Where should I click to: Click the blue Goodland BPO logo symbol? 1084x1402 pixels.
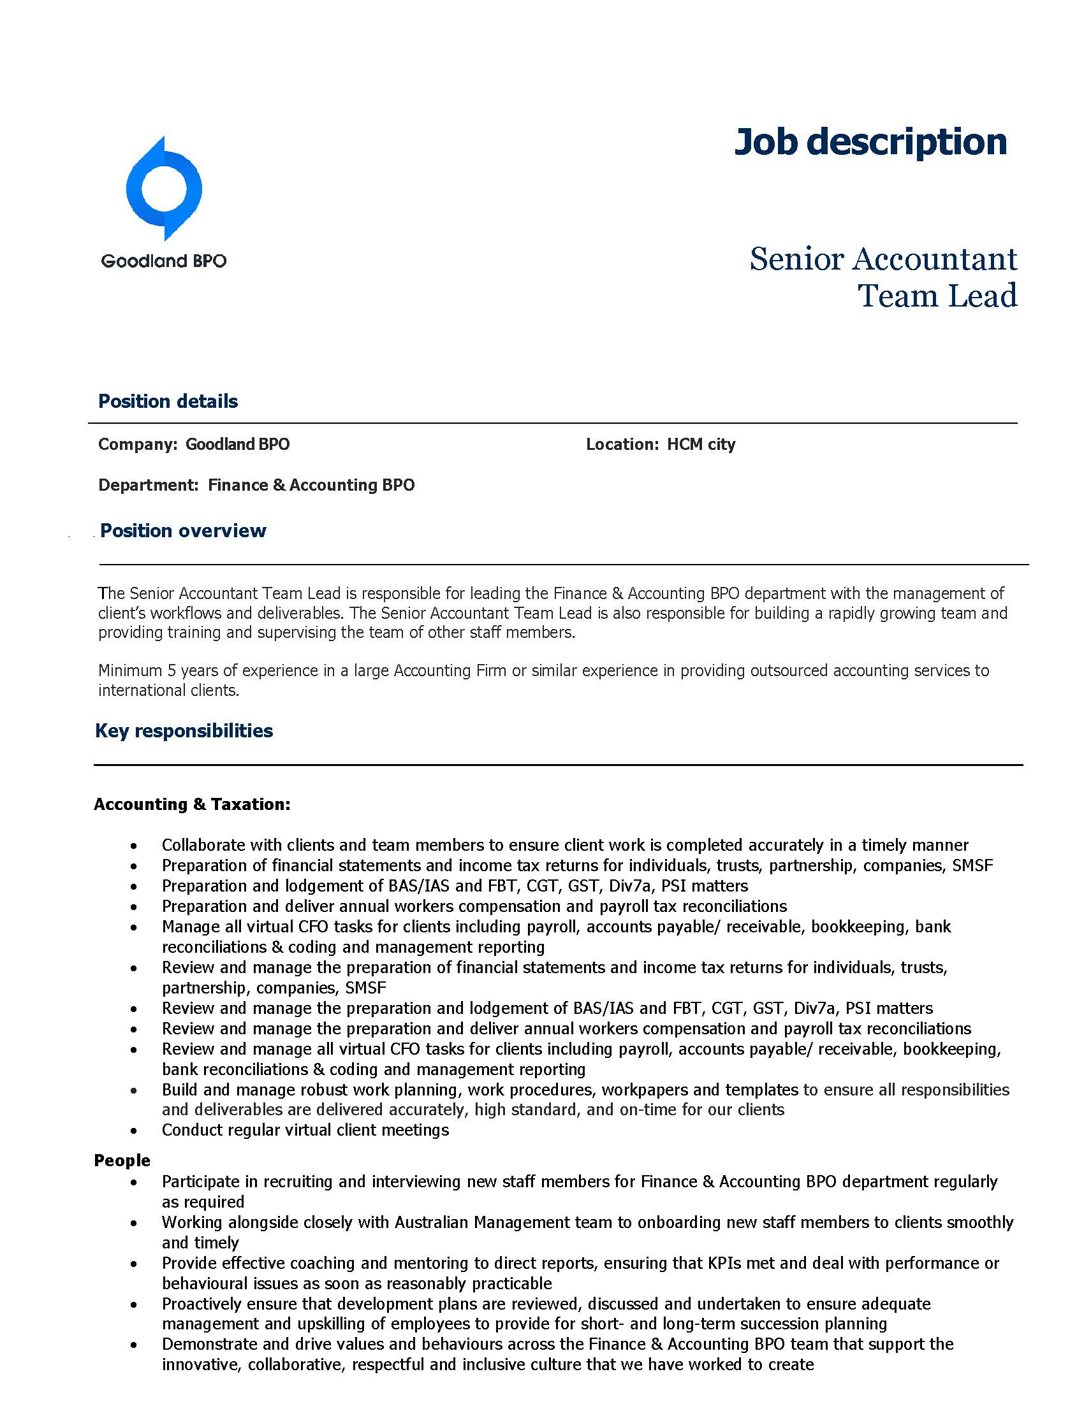165,189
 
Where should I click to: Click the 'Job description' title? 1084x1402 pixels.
870,142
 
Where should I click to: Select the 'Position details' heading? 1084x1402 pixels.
168,401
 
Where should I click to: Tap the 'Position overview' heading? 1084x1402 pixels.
183,530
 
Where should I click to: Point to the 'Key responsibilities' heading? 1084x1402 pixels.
184,730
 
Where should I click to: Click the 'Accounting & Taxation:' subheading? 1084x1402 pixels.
192,804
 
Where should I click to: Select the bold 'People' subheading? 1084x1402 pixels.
122,1160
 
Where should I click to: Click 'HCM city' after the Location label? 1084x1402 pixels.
701,444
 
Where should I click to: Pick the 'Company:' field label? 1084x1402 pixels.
138,444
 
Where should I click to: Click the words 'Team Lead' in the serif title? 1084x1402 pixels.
937,296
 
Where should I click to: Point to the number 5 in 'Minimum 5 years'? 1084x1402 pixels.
172,671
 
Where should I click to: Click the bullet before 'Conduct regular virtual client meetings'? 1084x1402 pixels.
133,1131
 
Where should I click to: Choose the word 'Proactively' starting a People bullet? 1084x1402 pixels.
201,1304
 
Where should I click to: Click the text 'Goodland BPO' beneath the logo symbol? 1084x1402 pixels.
164,261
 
